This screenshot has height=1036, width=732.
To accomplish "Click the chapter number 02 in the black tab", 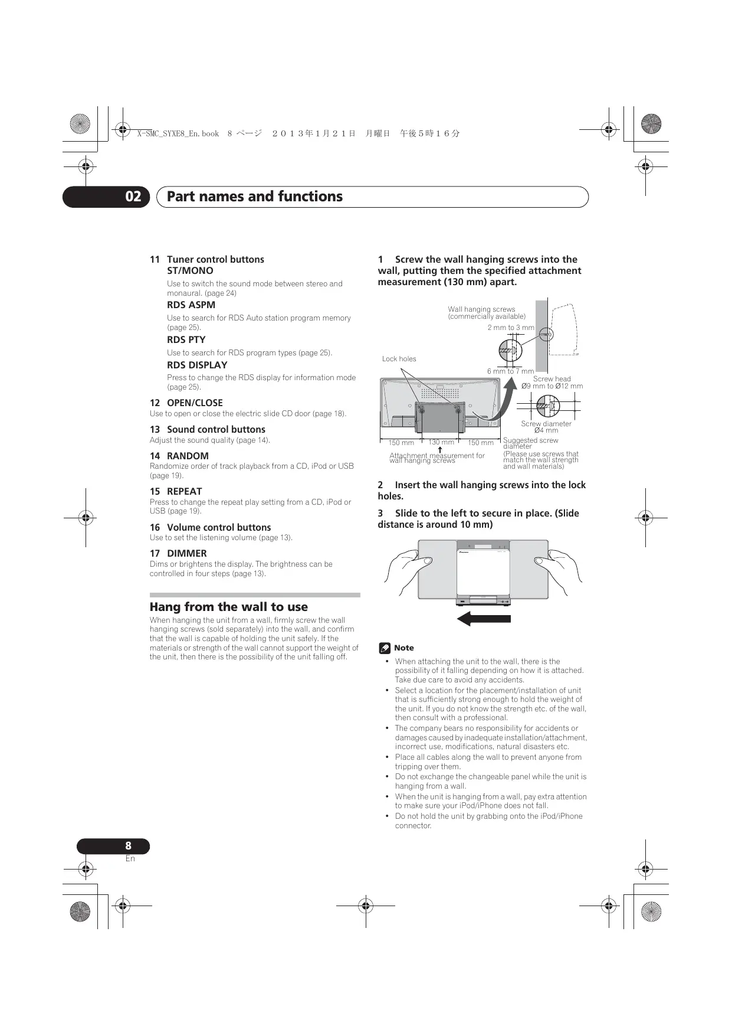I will (133, 197).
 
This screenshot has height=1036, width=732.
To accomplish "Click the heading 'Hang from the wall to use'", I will (228, 607).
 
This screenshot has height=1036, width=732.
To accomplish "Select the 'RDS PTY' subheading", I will (186, 339).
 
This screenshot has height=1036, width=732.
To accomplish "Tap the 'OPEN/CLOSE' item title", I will (195, 403).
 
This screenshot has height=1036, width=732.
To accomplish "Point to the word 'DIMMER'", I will (186, 553).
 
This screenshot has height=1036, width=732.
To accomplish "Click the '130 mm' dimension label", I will (441, 442).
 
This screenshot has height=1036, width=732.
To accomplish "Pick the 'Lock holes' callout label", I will (399, 359).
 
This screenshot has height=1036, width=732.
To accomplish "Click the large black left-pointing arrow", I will (484, 619).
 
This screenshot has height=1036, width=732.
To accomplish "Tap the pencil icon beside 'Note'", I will (385, 648).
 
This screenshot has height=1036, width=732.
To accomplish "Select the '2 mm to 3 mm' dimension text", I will (511, 328).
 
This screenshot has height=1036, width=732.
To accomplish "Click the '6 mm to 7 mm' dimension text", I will (510, 371).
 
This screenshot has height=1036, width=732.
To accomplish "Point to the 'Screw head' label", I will (552, 379).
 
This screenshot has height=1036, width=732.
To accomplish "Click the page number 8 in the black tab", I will (128, 846).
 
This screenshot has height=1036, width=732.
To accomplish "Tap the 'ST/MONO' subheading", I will (190, 270).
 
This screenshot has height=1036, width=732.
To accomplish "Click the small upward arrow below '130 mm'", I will (440, 450).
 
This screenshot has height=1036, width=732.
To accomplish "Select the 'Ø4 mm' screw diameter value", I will (546, 430).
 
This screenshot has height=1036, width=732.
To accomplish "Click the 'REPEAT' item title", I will (184, 491).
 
